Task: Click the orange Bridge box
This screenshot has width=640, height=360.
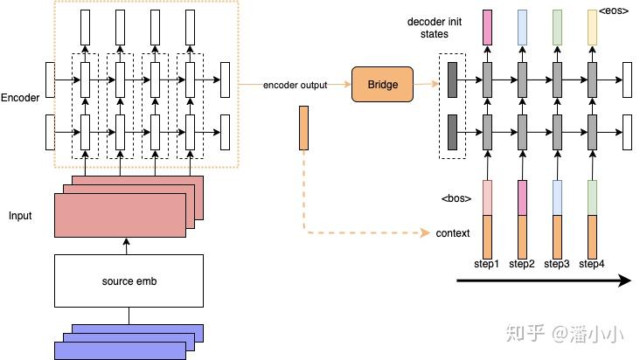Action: click(x=381, y=84)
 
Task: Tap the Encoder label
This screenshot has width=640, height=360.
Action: click(x=20, y=98)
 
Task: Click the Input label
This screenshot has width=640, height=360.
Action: click(x=20, y=215)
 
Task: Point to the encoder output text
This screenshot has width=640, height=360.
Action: click(x=296, y=85)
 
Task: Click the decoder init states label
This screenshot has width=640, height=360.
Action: click(x=428, y=27)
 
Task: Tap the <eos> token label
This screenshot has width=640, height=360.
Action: click(x=614, y=11)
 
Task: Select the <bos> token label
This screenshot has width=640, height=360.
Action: click(x=456, y=198)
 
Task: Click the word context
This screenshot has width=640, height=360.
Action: click(x=453, y=233)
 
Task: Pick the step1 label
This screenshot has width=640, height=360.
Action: click(x=486, y=264)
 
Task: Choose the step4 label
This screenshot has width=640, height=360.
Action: click(x=592, y=264)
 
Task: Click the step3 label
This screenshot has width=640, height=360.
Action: click(x=556, y=264)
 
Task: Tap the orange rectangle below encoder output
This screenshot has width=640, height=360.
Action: click(x=303, y=126)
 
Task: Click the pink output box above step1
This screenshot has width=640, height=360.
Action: click(x=487, y=27)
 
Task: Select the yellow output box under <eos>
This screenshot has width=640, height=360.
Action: click(x=592, y=29)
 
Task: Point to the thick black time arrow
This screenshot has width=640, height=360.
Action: click(x=542, y=280)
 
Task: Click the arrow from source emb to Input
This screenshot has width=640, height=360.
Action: click(x=129, y=244)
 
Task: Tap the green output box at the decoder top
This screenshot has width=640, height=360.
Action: click(x=557, y=27)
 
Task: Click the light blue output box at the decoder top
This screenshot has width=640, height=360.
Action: click(x=522, y=27)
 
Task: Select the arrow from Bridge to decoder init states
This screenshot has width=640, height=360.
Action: click(x=424, y=84)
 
